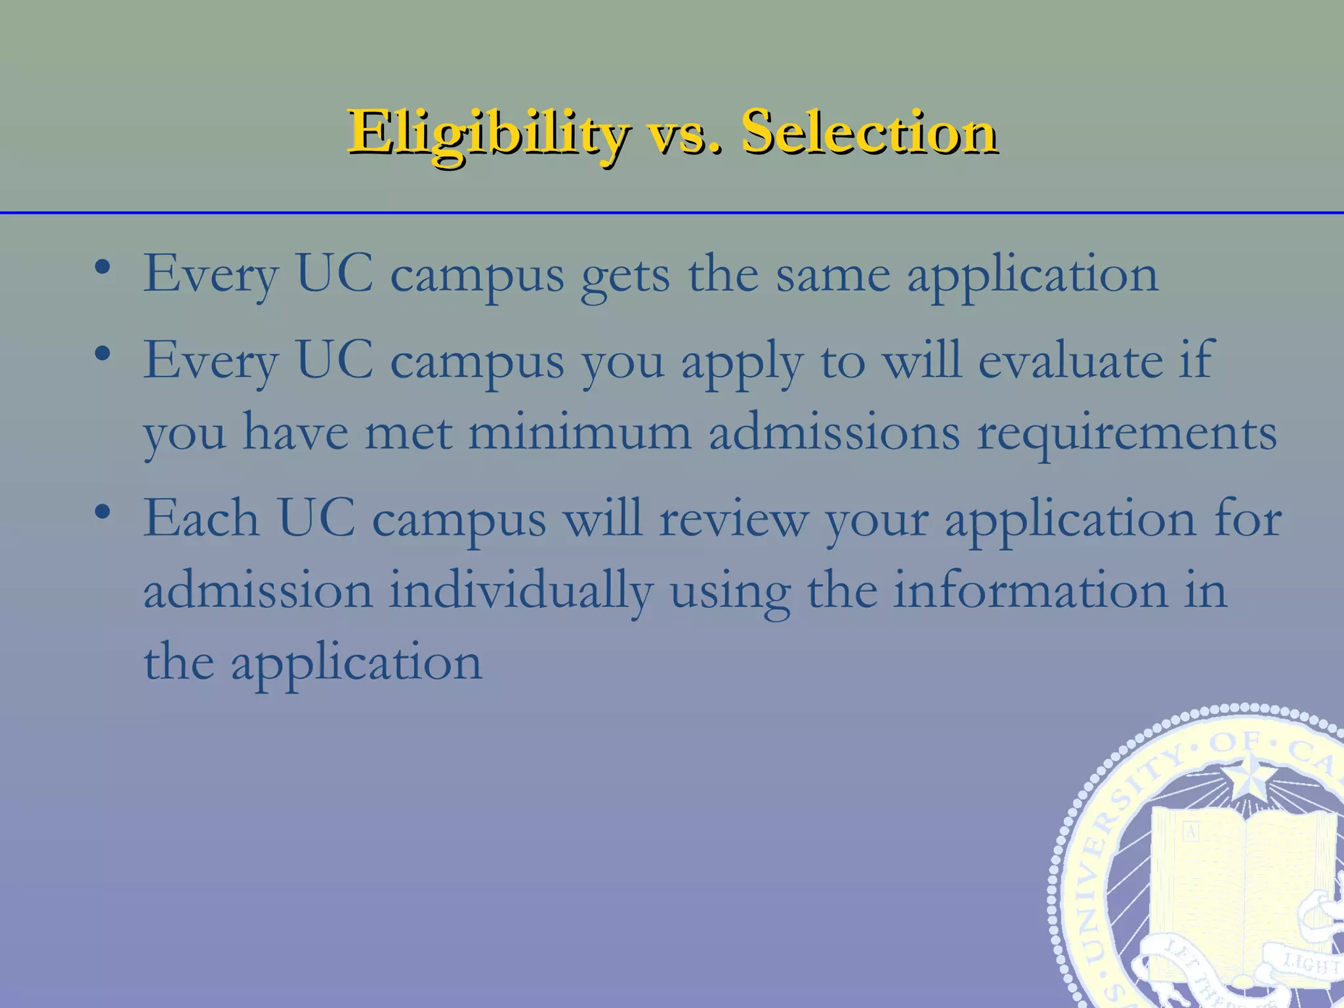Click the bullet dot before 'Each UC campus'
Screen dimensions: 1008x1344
click(102, 513)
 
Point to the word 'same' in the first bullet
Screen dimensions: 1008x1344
click(833, 274)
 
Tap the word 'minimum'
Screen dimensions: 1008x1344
click(579, 432)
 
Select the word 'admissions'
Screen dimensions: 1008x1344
click(834, 432)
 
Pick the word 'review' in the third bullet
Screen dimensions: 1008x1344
click(733, 519)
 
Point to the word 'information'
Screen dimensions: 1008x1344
click(1030, 590)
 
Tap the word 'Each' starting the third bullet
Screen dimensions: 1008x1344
click(201, 518)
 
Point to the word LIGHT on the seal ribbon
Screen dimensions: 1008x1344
click(1311, 964)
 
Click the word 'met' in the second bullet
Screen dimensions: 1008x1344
click(408, 432)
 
